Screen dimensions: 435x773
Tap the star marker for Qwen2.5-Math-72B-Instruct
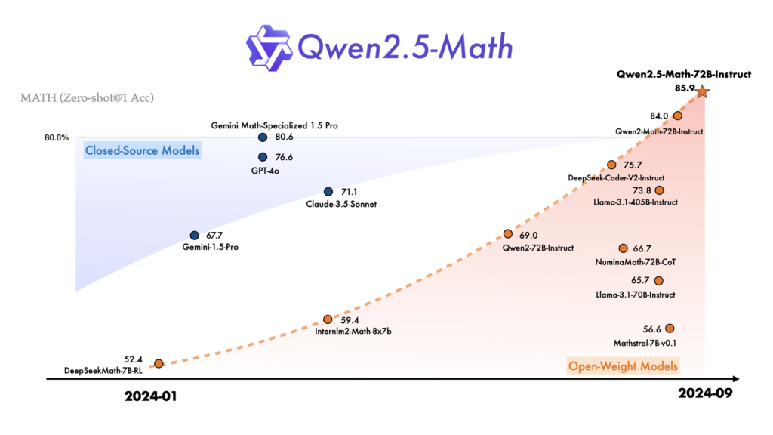click(x=702, y=92)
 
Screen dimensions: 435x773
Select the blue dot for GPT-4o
click(x=263, y=157)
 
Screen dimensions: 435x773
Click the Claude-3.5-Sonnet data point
click(x=328, y=192)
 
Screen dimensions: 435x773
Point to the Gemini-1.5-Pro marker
click(x=195, y=236)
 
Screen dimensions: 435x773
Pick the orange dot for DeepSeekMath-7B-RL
click(x=158, y=364)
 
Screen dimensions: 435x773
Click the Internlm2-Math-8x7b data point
click(x=328, y=319)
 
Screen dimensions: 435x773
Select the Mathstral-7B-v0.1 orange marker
click(x=669, y=329)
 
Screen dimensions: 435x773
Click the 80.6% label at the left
click(x=57, y=138)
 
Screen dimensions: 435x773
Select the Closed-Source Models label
click(x=143, y=150)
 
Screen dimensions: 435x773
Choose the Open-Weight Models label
click(x=623, y=367)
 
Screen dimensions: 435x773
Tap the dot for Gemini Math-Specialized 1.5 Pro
click(x=263, y=137)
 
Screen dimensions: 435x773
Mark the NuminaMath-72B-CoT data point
click(x=624, y=248)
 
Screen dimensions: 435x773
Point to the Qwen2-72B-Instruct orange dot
click(x=508, y=235)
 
